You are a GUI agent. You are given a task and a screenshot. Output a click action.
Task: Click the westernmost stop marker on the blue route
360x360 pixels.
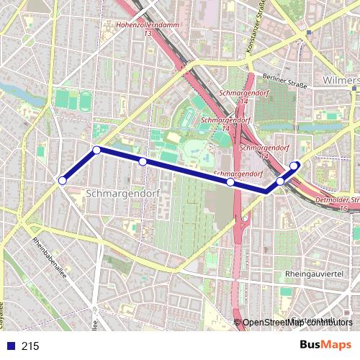pyautogui.click(x=63, y=180)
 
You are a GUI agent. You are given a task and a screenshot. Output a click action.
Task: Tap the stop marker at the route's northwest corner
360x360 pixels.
pyautogui.click(x=96, y=150)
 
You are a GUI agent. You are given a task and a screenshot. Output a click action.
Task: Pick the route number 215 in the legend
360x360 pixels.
pyautogui.click(x=30, y=346)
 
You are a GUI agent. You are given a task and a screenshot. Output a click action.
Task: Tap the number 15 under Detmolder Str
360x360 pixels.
pyautogui.click(x=343, y=207)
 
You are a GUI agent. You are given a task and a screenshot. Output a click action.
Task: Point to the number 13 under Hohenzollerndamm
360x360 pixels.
pyautogui.click(x=148, y=33)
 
